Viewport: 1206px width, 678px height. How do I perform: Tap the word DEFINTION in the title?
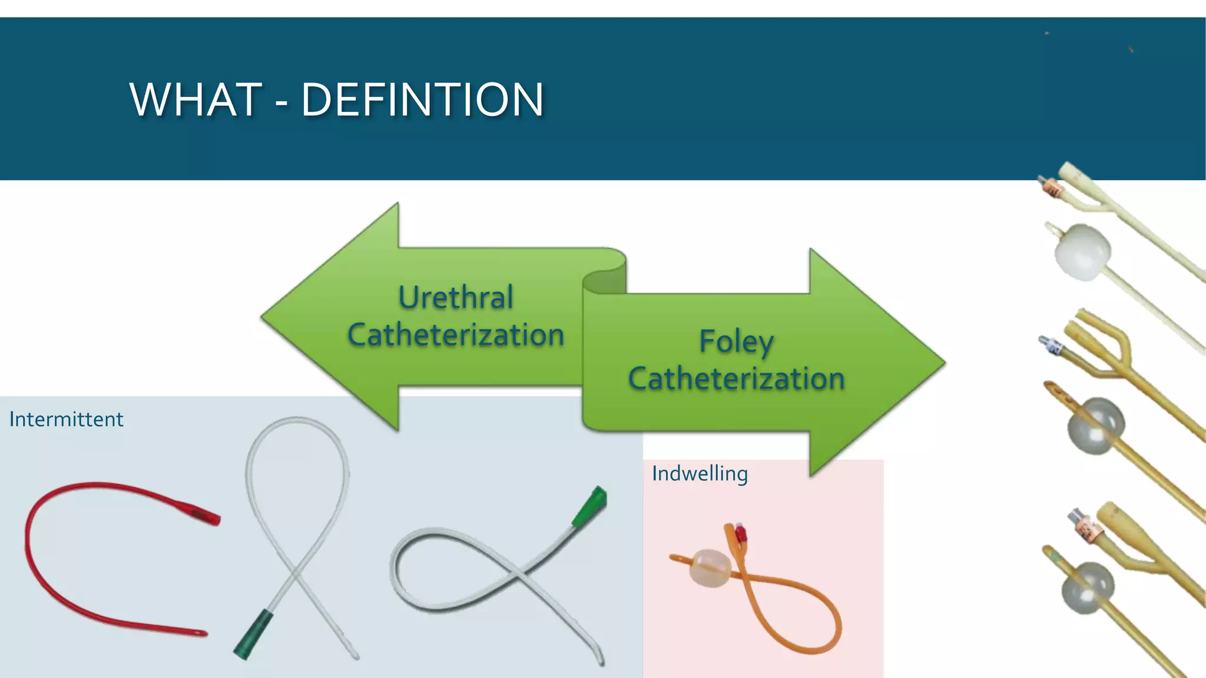[422, 99]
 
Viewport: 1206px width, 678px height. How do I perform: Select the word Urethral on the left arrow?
[456, 297]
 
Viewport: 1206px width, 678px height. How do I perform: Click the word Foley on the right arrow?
[736, 341]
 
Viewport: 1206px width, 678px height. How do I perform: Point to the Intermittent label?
[67, 420]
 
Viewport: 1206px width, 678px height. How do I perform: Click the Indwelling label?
[700, 474]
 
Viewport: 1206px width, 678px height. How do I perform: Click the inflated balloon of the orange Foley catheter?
[710, 568]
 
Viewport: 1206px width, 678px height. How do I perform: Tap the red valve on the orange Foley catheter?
[741, 534]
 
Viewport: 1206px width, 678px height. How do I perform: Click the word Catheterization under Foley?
[736, 378]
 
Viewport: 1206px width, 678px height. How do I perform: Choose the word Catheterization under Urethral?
[456, 335]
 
